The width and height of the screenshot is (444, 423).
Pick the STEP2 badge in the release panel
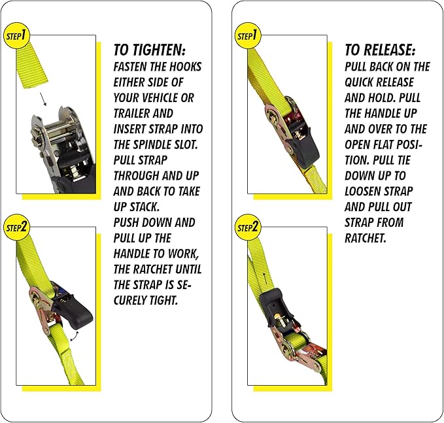[x=247, y=228]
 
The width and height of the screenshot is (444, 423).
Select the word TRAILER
[x=134, y=114]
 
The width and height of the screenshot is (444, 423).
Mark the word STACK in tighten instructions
[x=145, y=207]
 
